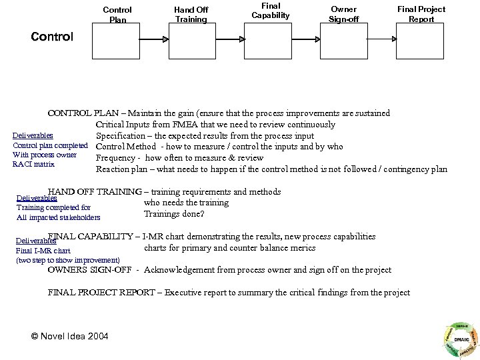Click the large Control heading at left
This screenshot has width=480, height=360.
coord(52,37)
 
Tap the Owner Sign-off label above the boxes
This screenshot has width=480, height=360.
coord(344,14)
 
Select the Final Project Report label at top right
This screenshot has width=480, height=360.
coord(421,14)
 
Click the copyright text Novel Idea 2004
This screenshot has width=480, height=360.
coord(70,335)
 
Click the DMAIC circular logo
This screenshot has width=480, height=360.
coord(460,339)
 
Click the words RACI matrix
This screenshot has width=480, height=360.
coord(33,164)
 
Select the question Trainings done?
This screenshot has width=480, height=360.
coord(174,214)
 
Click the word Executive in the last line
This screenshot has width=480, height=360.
coord(187,293)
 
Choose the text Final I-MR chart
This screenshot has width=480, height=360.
coord(43,251)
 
